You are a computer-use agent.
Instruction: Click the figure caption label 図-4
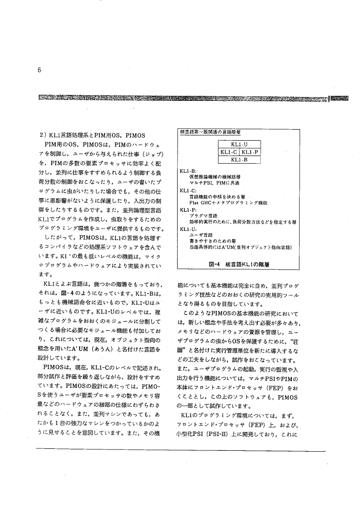pos(214,264)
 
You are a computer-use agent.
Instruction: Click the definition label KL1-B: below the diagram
pos(187,171)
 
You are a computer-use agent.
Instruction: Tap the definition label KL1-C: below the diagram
pos(187,191)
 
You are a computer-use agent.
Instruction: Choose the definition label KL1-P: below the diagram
pos(187,210)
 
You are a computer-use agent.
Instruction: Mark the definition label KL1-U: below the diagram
pos(187,229)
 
